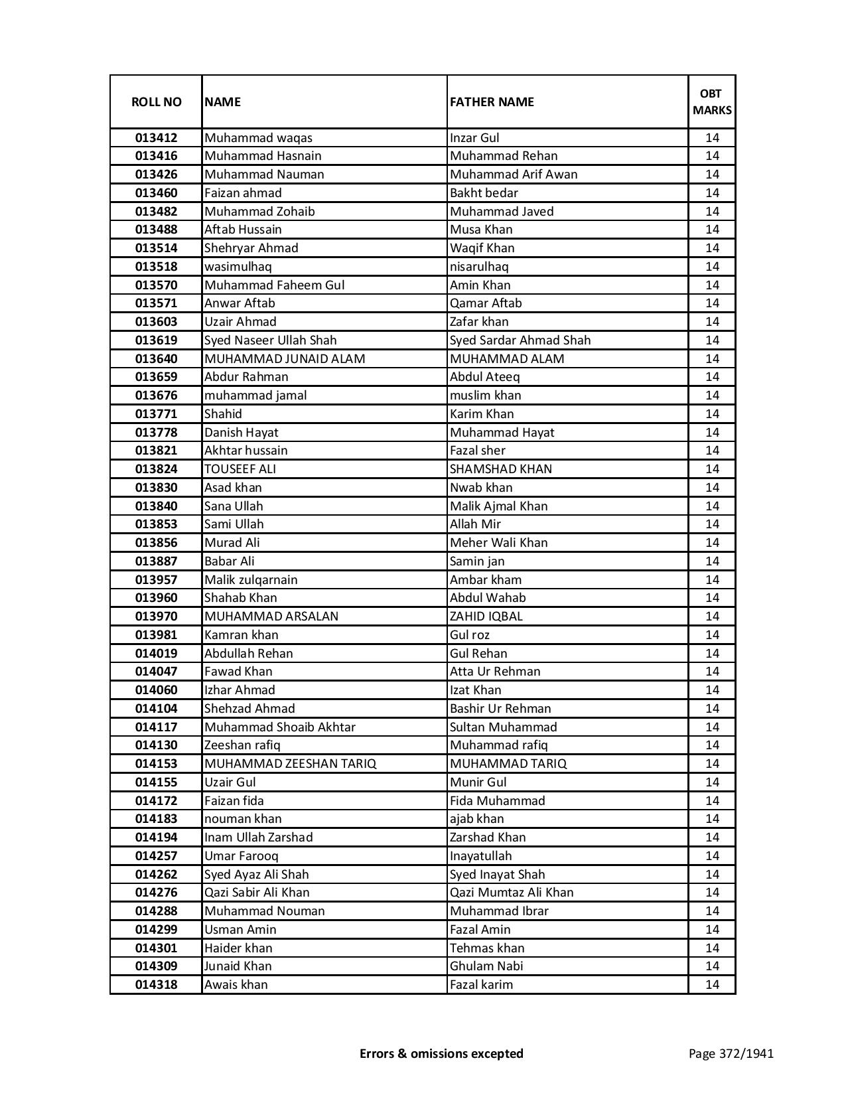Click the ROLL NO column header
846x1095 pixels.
pos(156,102)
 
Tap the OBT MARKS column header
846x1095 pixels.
pos(712,102)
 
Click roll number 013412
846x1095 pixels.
pos(156,138)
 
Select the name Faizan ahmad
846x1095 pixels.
pos(243,193)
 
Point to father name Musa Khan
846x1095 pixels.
pos(481,230)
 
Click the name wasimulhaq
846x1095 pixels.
pos(238,267)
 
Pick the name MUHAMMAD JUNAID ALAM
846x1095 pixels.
pos(285,359)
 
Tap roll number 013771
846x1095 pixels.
pos(156,414)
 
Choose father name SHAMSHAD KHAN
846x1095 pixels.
pos(500,469)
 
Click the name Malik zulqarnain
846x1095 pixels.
pos(251,580)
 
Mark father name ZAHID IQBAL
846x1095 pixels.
pos(486,617)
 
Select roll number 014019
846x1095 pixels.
pos(156,654)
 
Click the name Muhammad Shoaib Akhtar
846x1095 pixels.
pos(280,727)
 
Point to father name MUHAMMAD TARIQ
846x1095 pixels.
pos(508,764)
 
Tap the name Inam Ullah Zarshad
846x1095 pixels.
pos(258,838)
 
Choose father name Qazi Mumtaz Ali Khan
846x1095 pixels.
pos(512,893)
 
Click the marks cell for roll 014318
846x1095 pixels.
pos(712,985)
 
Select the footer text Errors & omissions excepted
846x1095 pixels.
pos(441,1053)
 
